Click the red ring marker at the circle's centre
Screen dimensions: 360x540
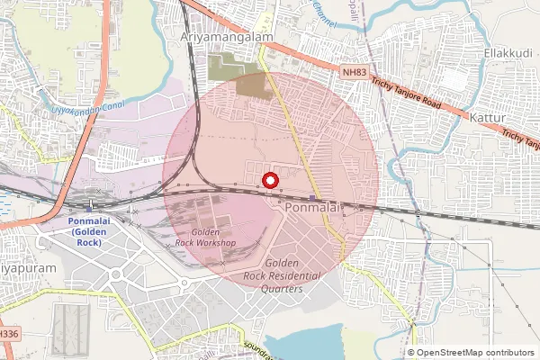coord(269,180)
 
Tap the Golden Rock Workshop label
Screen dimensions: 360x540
coord(205,238)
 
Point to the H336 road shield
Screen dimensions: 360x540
coord(7,333)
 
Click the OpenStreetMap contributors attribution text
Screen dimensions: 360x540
coord(475,352)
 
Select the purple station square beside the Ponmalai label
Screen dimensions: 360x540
coord(311,198)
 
